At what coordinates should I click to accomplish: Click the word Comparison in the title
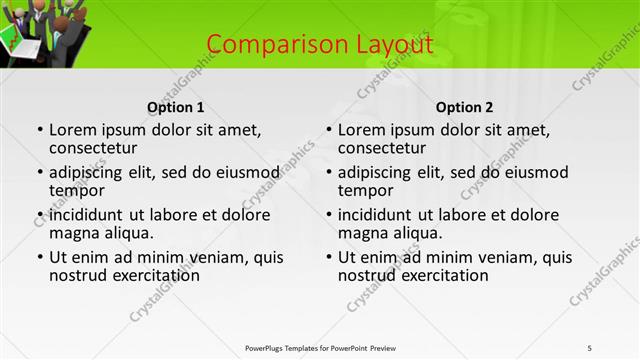262,44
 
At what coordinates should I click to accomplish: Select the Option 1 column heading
175,107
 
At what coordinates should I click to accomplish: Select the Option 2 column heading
464,107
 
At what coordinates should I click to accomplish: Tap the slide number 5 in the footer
590,347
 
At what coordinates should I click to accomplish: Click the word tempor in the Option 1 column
77,190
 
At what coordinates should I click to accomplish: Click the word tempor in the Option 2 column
366,190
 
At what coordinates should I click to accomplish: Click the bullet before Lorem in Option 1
39,130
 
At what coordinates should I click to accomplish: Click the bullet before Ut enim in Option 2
328,258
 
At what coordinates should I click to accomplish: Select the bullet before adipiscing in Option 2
328,173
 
